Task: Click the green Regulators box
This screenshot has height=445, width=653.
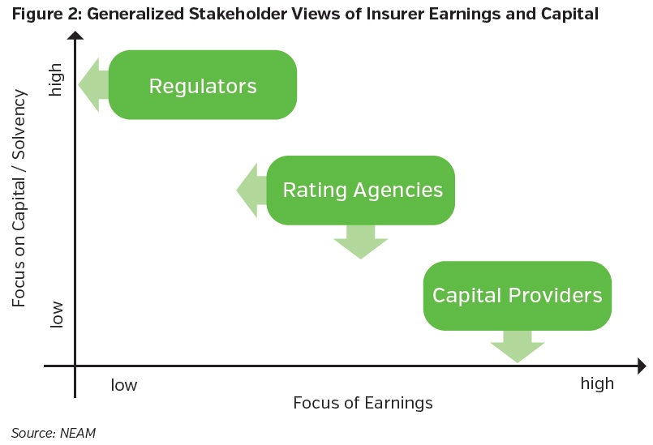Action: [x=203, y=85]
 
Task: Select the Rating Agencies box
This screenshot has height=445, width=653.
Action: [x=361, y=190]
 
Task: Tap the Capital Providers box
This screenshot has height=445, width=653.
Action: [x=517, y=295]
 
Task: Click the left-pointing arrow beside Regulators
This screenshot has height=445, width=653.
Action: [x=92, y=85]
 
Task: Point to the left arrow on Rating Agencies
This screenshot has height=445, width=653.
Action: [x=251, y=190]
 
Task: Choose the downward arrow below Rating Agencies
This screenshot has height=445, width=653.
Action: [x=361, y=242]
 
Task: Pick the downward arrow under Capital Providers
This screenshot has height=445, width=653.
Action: [x=518, y=346]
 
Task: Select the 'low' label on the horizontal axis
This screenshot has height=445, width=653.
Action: [x=124, y=385]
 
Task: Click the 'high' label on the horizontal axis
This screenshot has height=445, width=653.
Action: [x=597, y=383]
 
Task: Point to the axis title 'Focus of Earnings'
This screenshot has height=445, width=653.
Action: [x=363, y=403]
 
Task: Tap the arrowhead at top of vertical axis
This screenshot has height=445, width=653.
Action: [x=75, y=36]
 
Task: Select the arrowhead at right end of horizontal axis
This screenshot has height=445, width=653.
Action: [x=641, y=366]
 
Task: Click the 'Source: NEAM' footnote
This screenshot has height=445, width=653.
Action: [x=54, y=432]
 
